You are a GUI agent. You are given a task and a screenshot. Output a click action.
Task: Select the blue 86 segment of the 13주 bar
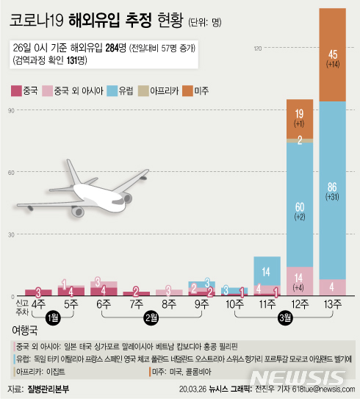[x=332, y=191]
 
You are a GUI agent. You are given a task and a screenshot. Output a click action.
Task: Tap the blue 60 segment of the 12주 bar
[x=299, y=202]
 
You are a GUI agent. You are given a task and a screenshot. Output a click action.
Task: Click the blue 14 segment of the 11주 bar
[x=266, y=270]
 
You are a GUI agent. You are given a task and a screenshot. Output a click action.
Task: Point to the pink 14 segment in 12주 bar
[x=299, y=281]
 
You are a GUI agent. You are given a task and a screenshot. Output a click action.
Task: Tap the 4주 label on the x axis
[x=38, y=303]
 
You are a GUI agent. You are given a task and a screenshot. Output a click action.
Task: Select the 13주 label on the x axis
[x=332, y=303]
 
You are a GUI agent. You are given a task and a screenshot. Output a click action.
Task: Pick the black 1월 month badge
[x=54, y=317]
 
